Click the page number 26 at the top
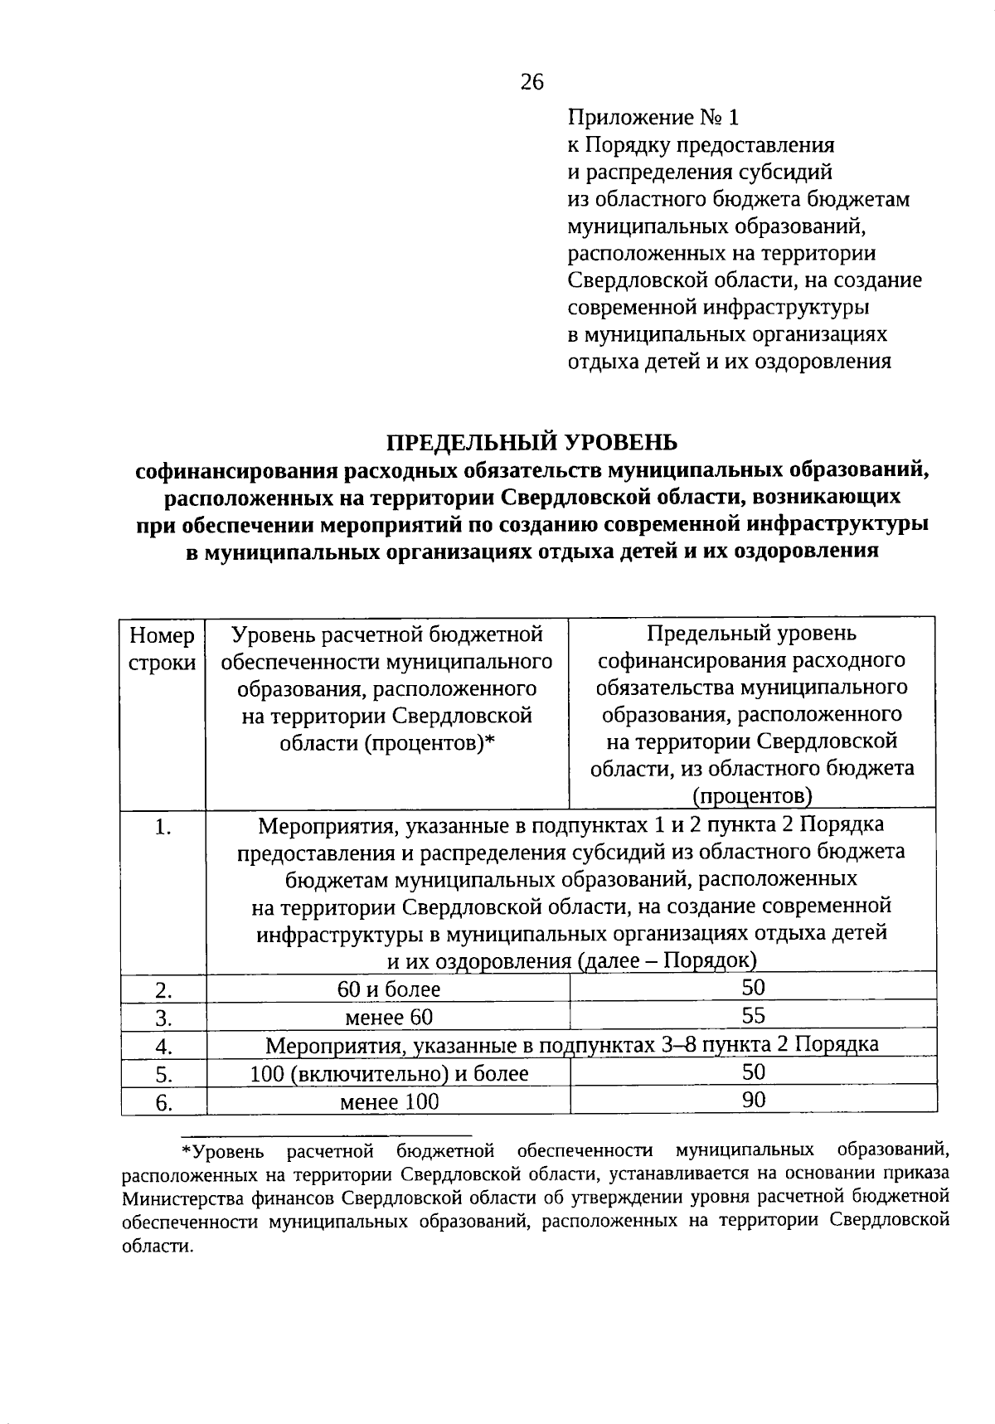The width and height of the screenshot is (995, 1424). pos(531,81)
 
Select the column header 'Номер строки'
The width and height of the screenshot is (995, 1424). pos(163,649)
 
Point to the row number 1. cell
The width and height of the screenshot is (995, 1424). pos(163,827)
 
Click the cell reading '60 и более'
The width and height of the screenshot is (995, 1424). pos(388,989)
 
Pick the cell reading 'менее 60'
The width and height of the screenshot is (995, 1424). pos(388,1017)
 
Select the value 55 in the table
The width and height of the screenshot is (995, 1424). pos(753,1015)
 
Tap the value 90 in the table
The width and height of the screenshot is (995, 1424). pos(753,1100)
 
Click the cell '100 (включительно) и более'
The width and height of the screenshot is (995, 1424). pos(389,1074)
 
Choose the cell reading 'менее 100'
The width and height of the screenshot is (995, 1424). pos(389,1102)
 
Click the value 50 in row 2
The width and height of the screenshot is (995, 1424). pos(753,987)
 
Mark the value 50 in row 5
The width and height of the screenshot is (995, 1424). pos(753,1072)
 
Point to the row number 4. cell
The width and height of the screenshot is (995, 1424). pos(163,1046)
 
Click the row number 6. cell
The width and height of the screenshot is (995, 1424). pos(163,1103)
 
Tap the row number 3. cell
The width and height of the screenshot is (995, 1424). pos(163,1018)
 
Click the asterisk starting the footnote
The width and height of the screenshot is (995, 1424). pos(186,1150)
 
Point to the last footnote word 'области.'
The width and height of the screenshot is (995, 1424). pos(157,1247)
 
